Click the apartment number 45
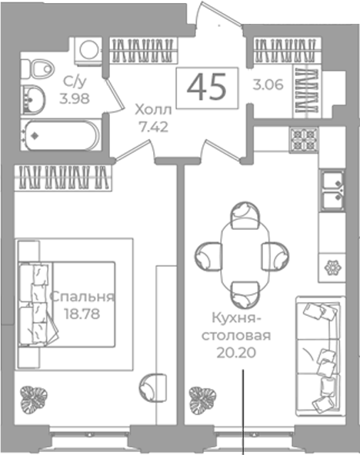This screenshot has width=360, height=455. pyautogui.click(x=206, y=87)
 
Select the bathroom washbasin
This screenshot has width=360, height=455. pyautogui.click(x=34, y=100)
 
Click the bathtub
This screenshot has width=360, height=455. pyautogui.click(x=61, y=135)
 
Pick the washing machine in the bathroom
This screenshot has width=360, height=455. pyautogui.click(x=88, y=51)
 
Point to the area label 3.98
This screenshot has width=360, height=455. pyautogui.click(x=75, y=98)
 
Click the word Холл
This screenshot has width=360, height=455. pyautogui.click(x=153, y=110)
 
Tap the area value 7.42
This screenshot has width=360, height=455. pyautogui.click(x=153, y=127)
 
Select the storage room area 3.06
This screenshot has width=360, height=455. pyautogui.click(x=268, y=85)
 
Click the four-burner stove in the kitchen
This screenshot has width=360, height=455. pyautogui.click(x=304, y=140)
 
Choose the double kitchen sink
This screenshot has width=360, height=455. pyautogui.click(x=332, y=190)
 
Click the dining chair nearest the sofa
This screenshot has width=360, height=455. pyautogui.click(x=275, y=257)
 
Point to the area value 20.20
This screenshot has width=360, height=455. pyautogui.click(x=236, y=353)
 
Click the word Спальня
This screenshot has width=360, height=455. pyautogui.click(x=82, y=297)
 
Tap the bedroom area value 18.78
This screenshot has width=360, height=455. pyautogui.click(x=82, y=314)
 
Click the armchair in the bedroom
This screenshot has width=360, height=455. pyautogui.click(x=153, y=387)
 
